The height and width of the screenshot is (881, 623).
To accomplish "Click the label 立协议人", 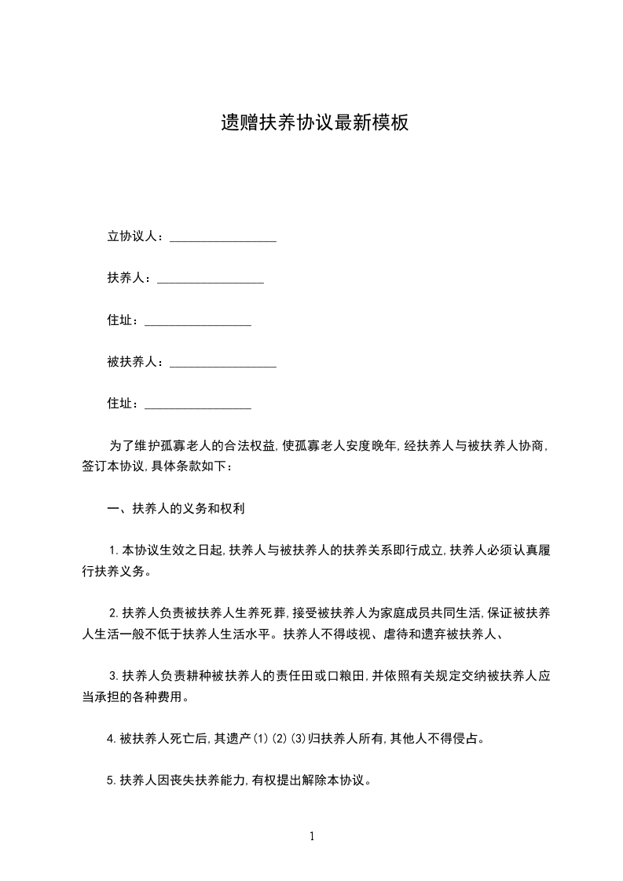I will pyautogui.click(x=133, y=236).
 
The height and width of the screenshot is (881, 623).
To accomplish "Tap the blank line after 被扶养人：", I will pyautogui.click(x=223, y=364).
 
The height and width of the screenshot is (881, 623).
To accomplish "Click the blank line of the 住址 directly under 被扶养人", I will pyautogui.click(x=198, y=406).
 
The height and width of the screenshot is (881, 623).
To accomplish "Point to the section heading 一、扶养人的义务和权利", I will pyautogui.click(x=177, y=508).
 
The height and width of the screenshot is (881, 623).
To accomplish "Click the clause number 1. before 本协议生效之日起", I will pyautogui.click(x=114, y=550).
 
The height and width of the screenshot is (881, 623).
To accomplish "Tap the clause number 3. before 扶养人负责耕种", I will pyautogui.click(x=114, y=674).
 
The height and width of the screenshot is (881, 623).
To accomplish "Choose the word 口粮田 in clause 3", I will pyautogui.click(x=346, y=674).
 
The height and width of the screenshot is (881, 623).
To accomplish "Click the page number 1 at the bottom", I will pyautogui.click(x=312, y=835).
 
